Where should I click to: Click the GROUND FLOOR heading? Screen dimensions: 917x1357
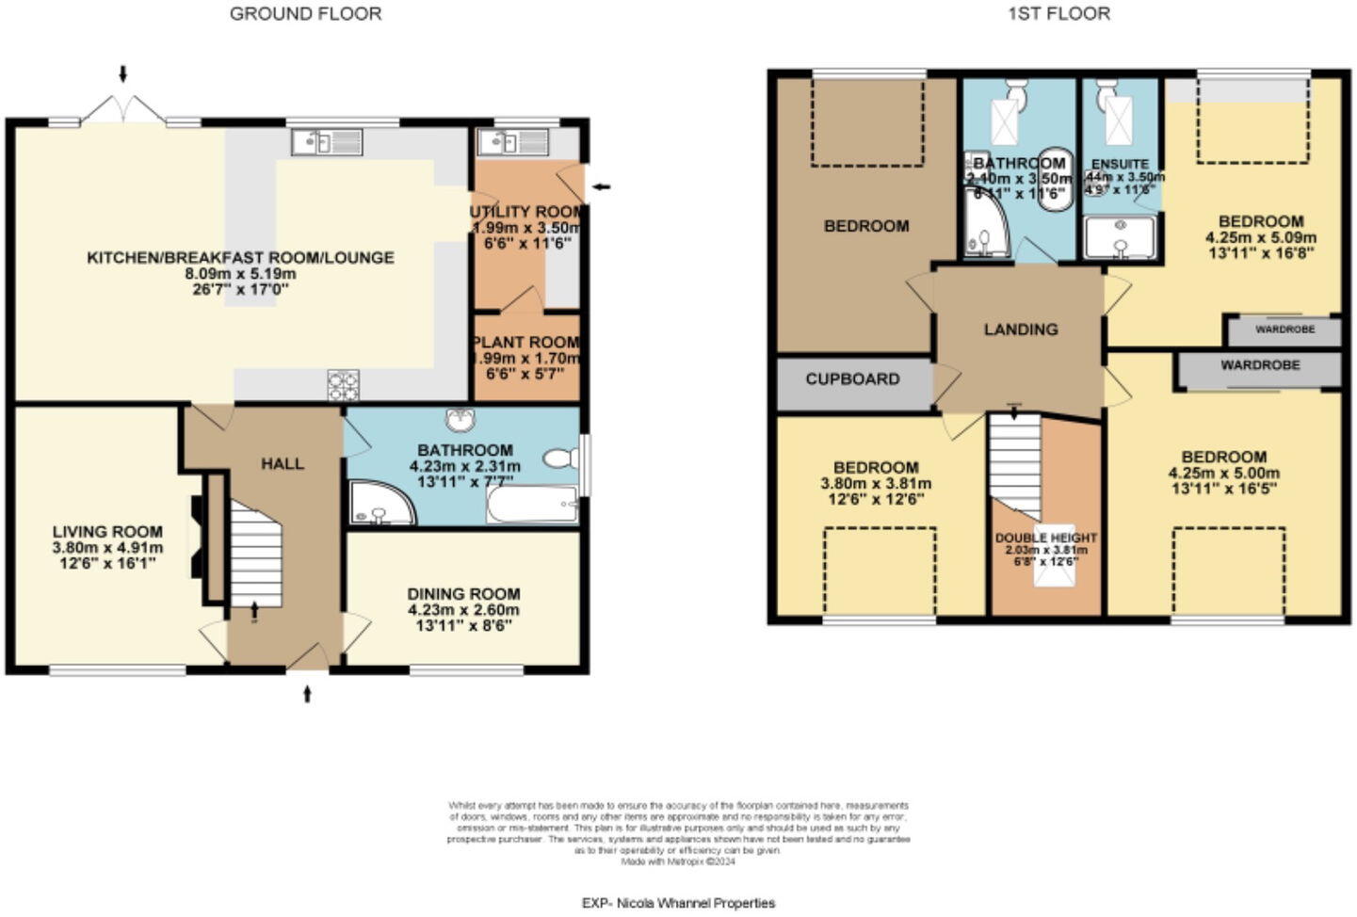(305, 14)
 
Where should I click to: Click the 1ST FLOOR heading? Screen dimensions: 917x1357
(1058, 14)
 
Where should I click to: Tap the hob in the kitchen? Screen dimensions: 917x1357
(343, 385)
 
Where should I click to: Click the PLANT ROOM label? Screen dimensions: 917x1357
(526, 343)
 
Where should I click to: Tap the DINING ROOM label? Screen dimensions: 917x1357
(463, 594)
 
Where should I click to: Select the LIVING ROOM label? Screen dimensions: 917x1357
(107, 532)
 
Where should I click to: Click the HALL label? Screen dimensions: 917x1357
(283, 463)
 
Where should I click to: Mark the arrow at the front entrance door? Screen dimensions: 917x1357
(306, 695)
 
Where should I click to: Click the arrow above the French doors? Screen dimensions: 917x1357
(122, 73)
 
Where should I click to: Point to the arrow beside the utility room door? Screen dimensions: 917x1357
(601, 186)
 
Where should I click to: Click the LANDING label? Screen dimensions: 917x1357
(1021, 330)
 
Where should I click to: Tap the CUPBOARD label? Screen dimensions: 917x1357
(852, 379)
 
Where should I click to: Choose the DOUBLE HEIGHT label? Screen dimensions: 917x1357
(1045, 538)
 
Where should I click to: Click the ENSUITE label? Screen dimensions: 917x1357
(1120, 164)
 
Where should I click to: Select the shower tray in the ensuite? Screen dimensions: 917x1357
(1120, 237)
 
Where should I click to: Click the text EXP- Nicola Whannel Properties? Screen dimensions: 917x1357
(678, 903)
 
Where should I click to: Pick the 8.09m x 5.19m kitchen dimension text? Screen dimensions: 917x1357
(240, 274)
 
